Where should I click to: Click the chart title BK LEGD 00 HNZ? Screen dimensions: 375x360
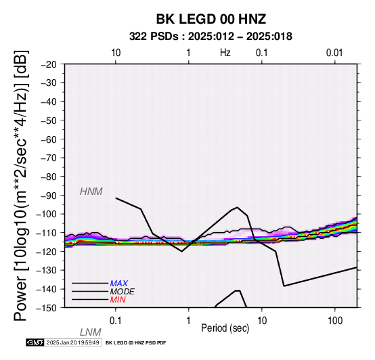click(211, 19)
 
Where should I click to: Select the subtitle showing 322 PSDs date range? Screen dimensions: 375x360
click(211, 37)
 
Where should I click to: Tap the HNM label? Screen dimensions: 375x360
click(91, 192)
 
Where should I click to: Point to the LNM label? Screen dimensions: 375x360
click(91, 332)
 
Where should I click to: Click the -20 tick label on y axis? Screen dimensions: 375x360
click(49, 64)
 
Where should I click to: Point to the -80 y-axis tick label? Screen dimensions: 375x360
click(49, 177)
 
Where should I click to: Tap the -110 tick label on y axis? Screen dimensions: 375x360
click(47, 232)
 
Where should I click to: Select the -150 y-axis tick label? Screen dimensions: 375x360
click(47, 308)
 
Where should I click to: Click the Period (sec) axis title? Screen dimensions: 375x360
click(225, 328)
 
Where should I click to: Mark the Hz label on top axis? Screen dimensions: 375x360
click(225, 53)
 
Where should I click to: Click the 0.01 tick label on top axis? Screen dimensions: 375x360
click(334, 53)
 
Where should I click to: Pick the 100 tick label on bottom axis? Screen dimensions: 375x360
click(335, 320)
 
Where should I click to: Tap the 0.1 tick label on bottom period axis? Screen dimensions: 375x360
click(116, 320)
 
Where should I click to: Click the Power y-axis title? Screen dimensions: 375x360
click(20, 185)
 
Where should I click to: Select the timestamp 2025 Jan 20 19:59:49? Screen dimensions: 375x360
click(72, 342)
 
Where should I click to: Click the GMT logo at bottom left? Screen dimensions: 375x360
click(35, 342)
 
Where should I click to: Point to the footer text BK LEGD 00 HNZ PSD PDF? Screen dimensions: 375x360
click(135, 343)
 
